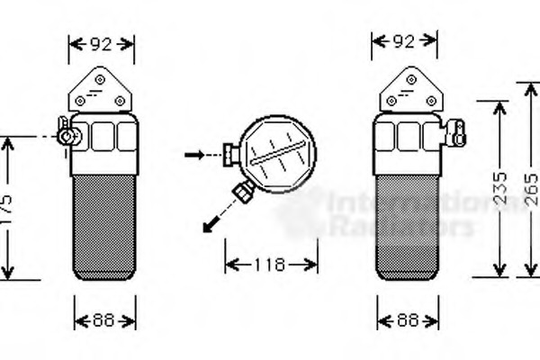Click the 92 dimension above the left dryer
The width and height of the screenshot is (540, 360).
(102, 41)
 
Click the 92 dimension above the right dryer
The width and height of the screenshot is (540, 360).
(405, 41)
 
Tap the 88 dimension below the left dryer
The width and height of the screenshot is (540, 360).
(103, 319)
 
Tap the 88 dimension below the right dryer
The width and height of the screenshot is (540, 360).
(407, 319)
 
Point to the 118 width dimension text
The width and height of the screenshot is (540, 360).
(270, 265)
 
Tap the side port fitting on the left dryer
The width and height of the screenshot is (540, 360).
(67, 134)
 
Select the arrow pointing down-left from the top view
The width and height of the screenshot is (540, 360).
(213, 220)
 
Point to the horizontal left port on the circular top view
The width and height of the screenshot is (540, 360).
(232, 155)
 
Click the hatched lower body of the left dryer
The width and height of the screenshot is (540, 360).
(103, 225)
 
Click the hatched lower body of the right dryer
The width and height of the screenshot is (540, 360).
(407, 225)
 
